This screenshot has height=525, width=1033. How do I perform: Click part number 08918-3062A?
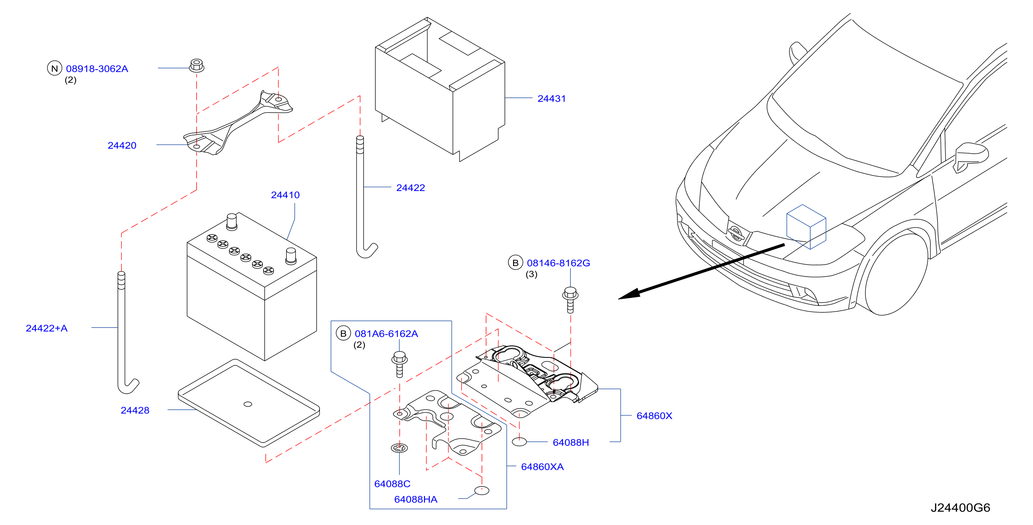pos(97,69)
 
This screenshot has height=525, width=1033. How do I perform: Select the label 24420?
pos(122,145)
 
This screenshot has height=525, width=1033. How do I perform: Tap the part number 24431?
pos(551,98)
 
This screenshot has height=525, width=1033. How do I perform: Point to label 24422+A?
pos(46,328)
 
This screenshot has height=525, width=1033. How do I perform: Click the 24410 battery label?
pos(285,195)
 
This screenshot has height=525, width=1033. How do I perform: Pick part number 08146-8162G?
pos(558,263)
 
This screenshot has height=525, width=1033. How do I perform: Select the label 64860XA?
pos(542,467)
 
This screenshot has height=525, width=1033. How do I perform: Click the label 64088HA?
pos(415,500)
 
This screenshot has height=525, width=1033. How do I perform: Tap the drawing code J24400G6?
pos(960,508)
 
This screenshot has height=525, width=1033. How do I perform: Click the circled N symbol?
pos(55,69)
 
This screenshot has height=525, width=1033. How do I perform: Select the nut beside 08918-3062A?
pos(197,65)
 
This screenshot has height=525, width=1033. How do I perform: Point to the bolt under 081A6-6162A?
pos(399,364)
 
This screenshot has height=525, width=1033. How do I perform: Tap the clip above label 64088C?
pos(399,448)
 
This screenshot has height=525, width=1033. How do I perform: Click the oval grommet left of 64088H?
pos(519,442)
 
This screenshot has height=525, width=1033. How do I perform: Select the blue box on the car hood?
pos(806,227)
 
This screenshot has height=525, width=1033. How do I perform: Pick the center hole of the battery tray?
pos(248,404)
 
